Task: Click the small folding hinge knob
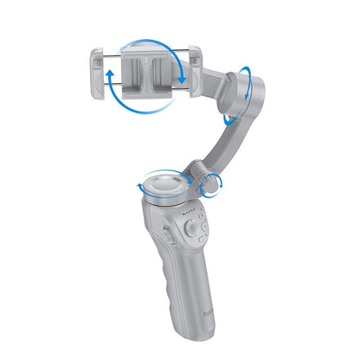coord(207,183)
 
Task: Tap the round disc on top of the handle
coord(162,183)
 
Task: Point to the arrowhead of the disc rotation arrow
coord(139,185)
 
